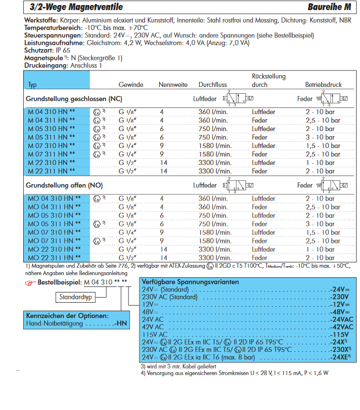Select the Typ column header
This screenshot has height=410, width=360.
[x=32, y=85]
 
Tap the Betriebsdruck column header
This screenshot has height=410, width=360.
[x=323, y=85]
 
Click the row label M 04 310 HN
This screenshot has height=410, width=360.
[x=51, y=112]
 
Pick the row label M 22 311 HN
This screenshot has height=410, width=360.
[x=51, y=171]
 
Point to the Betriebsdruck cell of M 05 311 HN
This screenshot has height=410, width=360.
[x=320, y=137]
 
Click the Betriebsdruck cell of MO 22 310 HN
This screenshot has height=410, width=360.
[x=320, y=249]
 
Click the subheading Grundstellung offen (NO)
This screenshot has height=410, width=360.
[x=64, y=185]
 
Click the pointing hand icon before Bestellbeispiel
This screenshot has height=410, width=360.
[x=30, y=282]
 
